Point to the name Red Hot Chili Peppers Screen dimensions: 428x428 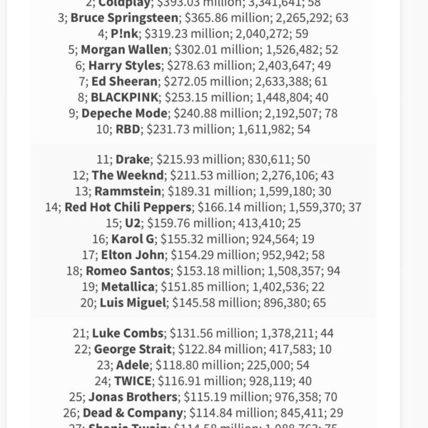click(128, 207)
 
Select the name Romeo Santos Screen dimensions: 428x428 click(128, 270)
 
